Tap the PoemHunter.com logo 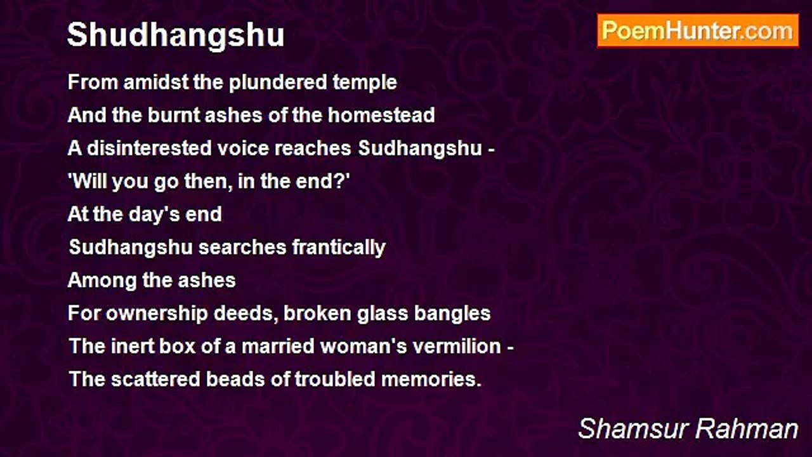(698, 31)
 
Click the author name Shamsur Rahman (688, 428)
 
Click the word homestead (381, 116)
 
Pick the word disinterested (149, 149)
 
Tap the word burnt (174, 116)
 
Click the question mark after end (341, 181)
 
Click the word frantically (339, 248)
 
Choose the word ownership (157, 314)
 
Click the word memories (431, 380)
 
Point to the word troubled (335, 380)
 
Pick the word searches (242, 248)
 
